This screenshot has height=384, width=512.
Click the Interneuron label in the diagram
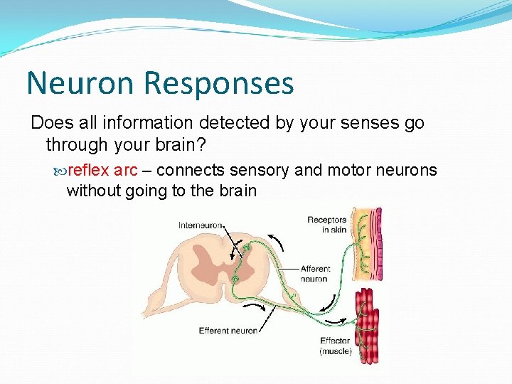click(x=201, y=226)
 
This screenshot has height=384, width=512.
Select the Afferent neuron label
click(x=314, y=274)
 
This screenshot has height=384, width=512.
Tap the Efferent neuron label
click(x=228, y=330)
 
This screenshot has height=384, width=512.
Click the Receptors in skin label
click(x=326, y=225)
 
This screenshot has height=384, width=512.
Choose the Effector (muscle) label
click(x=336, y=346)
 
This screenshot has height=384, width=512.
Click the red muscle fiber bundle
click(x=366, y=324)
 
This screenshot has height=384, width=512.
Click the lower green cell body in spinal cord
click(x=235, y=279)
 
